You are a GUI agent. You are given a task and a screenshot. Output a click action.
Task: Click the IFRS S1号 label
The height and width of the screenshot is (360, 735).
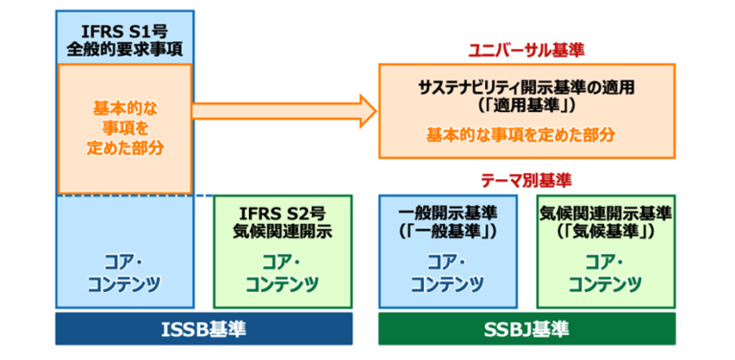tap(123, 27)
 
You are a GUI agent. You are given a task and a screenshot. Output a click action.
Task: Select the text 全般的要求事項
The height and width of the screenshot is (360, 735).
tap(123, 46)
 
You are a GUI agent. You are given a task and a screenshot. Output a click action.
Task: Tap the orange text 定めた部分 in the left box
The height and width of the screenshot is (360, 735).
tap(124, 148)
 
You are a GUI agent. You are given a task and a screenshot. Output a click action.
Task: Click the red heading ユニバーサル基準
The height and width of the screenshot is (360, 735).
tap(525, 49)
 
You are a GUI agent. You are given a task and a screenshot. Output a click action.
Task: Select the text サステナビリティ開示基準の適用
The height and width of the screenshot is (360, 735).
tap(526, 87)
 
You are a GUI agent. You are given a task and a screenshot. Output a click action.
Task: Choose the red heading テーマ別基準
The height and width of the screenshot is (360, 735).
tap(525, 179)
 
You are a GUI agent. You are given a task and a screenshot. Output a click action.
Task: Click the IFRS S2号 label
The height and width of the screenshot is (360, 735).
tap(282, 212)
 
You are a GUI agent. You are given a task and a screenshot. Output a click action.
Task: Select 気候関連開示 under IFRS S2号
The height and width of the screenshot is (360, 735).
tap(282, 231)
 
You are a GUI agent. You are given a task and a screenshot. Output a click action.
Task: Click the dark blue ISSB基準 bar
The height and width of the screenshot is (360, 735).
tap(204, 329)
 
